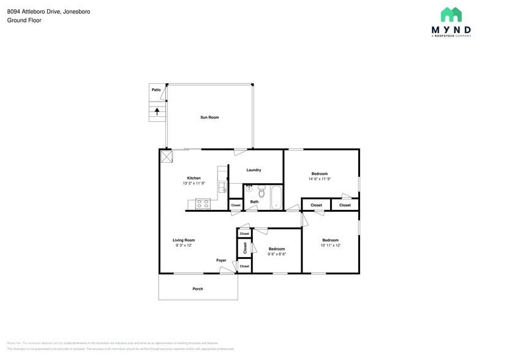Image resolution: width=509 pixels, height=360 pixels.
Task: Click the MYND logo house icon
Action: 451,15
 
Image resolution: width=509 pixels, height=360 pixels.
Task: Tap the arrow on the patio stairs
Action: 158,111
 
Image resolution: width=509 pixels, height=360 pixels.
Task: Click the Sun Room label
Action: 209,117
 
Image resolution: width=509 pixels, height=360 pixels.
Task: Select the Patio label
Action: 156,90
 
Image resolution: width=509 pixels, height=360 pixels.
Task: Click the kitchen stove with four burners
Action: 203,203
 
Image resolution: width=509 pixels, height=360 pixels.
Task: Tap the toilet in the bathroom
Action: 261,190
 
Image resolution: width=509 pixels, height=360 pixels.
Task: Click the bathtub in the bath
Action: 276,197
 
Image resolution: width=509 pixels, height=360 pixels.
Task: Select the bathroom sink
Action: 249,189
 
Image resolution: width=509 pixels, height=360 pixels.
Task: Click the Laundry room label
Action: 254,170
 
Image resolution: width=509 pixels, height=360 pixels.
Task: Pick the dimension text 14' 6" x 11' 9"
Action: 319,179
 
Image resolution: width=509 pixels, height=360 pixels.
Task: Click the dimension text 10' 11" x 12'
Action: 330,245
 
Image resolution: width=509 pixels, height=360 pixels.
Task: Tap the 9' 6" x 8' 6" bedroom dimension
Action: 276,253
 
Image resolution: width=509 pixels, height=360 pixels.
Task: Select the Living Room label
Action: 184,240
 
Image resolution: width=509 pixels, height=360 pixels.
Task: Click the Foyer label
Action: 221,260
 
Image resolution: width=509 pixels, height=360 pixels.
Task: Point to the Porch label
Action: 197,289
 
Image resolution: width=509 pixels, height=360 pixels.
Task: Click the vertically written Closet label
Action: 245,248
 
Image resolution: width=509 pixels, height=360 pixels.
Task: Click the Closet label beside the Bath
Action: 236,205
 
